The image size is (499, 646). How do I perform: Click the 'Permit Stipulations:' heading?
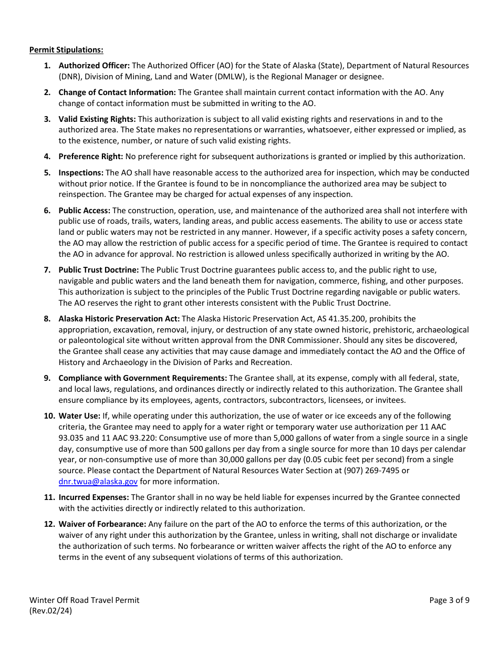tap(66, 50)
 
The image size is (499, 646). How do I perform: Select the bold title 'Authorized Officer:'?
tap(94, 66)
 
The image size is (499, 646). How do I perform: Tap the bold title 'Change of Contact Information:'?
tap(117, 92)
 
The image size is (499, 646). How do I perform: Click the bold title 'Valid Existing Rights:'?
tap(97, 119)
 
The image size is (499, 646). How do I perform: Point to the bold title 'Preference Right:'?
tap(91, 157)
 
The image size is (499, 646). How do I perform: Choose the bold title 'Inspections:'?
tap(81, 173)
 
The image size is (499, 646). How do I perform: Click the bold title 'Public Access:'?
tap(85, 211)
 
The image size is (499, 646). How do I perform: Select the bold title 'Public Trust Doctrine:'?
tap(99, 270)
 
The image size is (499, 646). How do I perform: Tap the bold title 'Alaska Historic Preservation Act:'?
tap(119, 319)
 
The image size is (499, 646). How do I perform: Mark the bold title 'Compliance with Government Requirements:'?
tap(143, 378)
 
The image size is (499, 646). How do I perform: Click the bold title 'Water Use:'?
tap(79, 416)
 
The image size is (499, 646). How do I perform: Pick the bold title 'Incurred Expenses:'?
tap(93, 497)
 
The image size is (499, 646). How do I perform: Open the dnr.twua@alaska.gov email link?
tap(98, 482)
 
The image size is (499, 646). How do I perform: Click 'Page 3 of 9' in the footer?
tap(449, 600)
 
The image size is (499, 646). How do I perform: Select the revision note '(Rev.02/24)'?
tap(50, 611)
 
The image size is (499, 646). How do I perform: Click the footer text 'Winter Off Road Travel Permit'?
tap(85, 600)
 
